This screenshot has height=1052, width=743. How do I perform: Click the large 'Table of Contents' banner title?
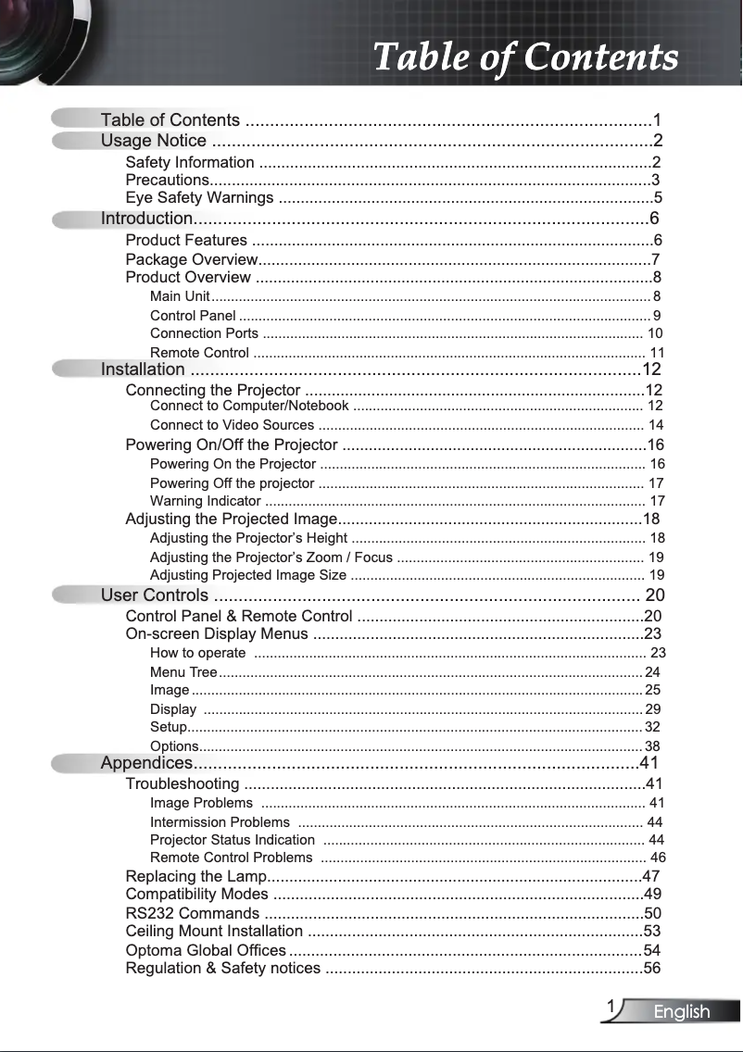525,56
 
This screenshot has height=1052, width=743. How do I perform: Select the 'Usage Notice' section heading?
154,141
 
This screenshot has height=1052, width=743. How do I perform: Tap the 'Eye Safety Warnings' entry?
199,198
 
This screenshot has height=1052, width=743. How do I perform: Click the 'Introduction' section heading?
146,219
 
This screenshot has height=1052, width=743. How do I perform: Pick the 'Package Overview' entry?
191,259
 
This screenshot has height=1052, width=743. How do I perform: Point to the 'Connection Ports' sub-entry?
204,333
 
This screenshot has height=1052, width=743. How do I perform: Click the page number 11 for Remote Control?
657,353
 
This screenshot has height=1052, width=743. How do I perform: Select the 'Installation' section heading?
143,370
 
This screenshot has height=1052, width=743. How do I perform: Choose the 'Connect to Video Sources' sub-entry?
232,425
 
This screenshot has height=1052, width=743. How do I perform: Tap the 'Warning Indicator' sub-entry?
205,501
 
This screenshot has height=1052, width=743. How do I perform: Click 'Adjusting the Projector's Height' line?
248,538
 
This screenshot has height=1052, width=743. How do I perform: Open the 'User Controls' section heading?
155,595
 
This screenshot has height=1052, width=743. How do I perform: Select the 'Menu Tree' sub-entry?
183,672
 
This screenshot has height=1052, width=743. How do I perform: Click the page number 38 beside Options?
652,746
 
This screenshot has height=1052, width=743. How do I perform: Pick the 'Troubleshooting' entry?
183,784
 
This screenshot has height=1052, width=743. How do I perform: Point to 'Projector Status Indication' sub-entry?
232,840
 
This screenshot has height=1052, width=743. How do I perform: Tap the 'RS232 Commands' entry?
192,914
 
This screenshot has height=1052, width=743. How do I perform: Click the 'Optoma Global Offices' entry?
206,951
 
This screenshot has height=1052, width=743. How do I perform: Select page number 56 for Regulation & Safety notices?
652,969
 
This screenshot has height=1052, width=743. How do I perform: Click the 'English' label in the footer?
682,1012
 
